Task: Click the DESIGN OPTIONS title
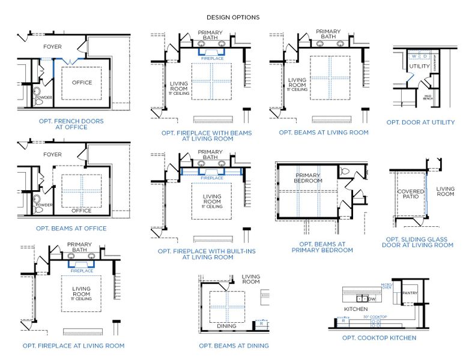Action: click(x=233, y=17)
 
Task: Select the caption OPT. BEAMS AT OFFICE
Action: click(x=71, y=228)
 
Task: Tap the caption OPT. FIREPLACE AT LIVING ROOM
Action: click(x=73, y=346)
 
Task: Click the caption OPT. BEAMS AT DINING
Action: click(x=234, y=346)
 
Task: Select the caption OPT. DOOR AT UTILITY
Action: click(x=420, y=122)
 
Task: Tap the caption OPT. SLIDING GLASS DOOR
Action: click(x=419, y=242)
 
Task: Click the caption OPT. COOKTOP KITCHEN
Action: click(x=379, y=338)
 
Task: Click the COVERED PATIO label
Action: click(x=410, y=195)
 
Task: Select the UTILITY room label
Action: click(x=419, y=66)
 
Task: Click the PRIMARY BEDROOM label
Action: click(x=308, y=178)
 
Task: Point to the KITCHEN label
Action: click(x=355, y=309)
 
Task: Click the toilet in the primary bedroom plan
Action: click(x=345, y=172)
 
